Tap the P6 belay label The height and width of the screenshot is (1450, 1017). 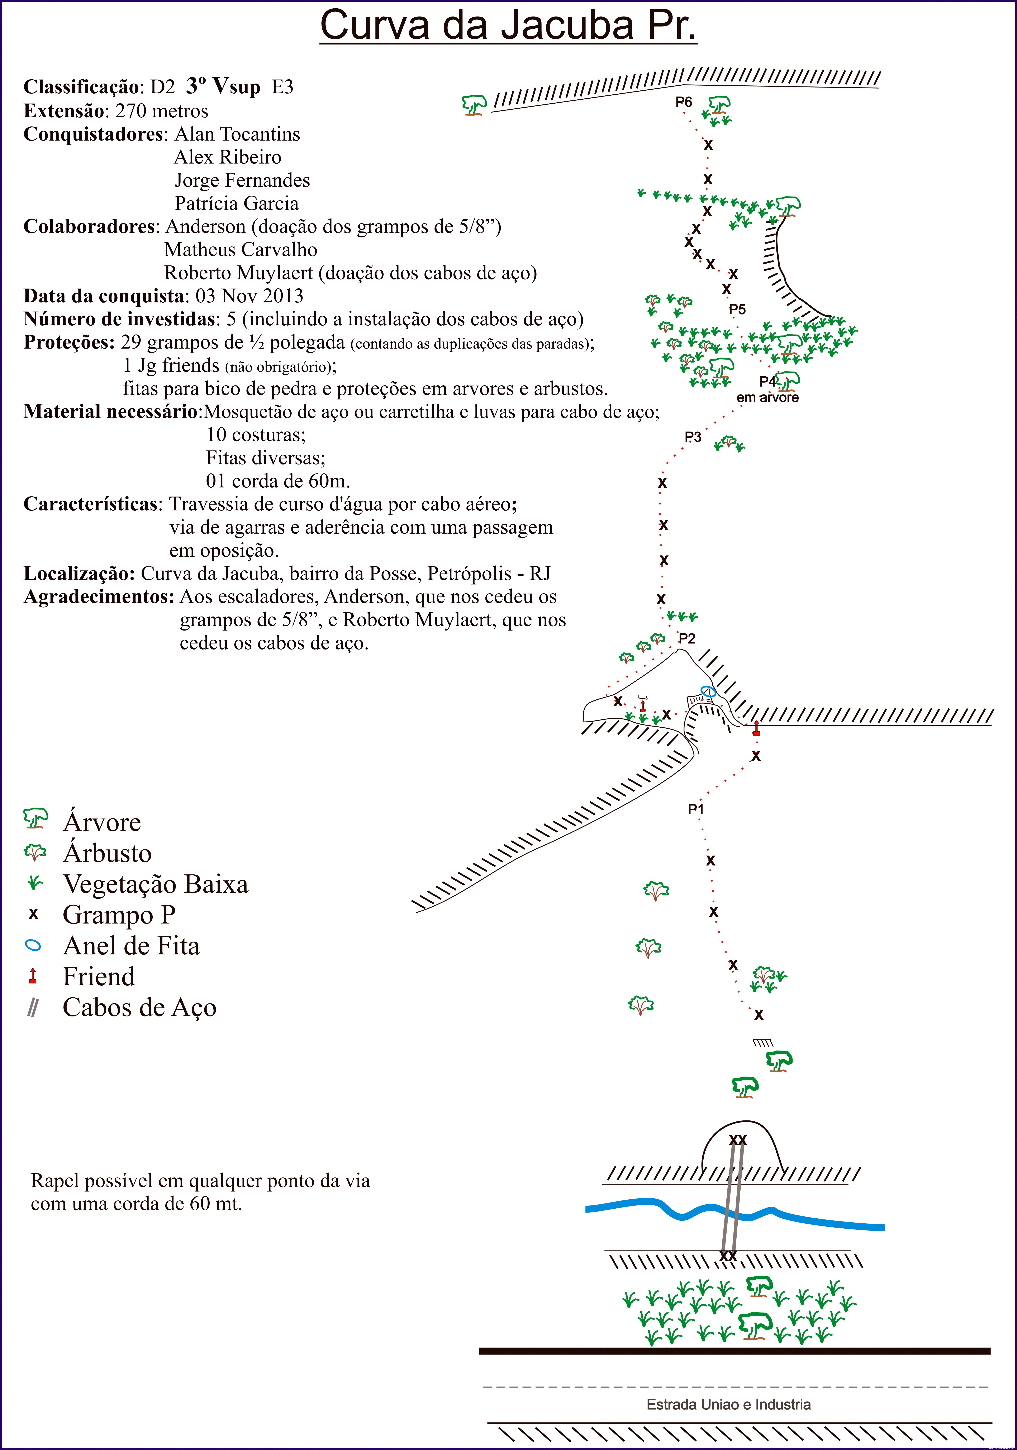[684, 102]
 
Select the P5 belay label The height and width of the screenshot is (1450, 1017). [737, 310]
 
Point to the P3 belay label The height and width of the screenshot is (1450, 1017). [693, 437]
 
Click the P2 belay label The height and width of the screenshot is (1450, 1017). [687, 638]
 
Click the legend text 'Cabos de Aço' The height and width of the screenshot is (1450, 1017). [139, 1007]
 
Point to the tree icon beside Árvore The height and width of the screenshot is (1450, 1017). [35, 818]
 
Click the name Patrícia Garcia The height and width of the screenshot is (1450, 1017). [237, 203]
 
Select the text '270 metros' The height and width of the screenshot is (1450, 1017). [162, 111]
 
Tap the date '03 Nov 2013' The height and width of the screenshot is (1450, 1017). [249, 296]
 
